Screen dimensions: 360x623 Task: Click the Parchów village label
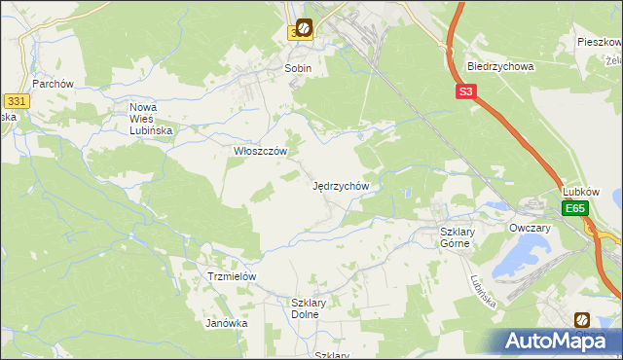pyautogui.click(x=53, y=84)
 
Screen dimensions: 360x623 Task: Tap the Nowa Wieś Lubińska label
pyautogui.click(x=150, y=118)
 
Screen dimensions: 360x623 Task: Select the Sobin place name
pyautogui.click(x=297, y=69)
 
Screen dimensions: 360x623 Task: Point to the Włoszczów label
pyautogui.click(x=260, y=152)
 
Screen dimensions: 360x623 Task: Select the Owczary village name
pyautogui.click(x=530, y=228)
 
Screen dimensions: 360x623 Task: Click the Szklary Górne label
pyautogui.click(x=455, y=237)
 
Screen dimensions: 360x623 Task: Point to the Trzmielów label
pyautogui.click(x=232, y=276)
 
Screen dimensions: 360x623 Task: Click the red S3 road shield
pyautogui.click(x=466, y=92)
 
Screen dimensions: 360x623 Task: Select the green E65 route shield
pyautogui.click(x=575, y=209)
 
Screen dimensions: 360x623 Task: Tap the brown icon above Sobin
pyautogui.click(x=305, y=28)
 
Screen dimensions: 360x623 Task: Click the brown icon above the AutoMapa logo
pyautogui.click(x=582, y=319)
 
